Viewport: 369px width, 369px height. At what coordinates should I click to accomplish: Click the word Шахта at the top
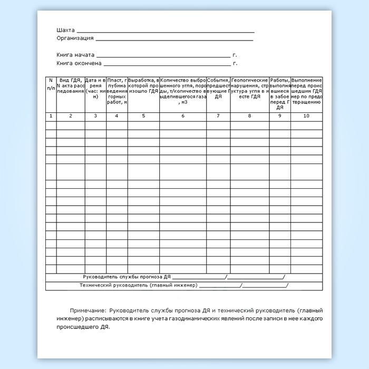(65, 30)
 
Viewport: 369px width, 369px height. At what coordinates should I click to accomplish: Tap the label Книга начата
(75, 54)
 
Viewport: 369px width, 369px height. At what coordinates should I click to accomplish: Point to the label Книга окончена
(79, 63)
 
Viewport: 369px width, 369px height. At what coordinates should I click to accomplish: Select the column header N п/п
(51, 83)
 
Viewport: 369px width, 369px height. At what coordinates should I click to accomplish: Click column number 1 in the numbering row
(51, 115)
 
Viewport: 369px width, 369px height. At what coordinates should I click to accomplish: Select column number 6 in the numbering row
(182, 115)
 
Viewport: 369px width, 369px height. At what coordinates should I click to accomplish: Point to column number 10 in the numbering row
(306, 115)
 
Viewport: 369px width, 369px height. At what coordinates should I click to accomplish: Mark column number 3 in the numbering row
(95, 115)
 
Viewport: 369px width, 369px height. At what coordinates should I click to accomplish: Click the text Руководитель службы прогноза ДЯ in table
(127, 277)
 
